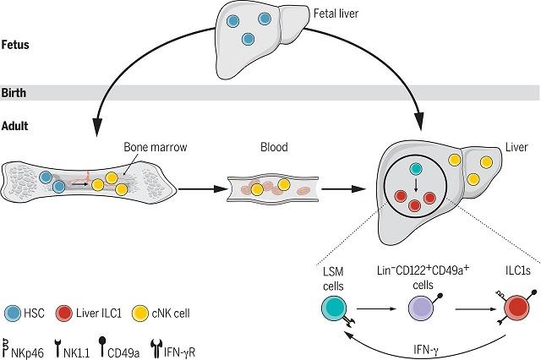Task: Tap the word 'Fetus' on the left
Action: [16, 42]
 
